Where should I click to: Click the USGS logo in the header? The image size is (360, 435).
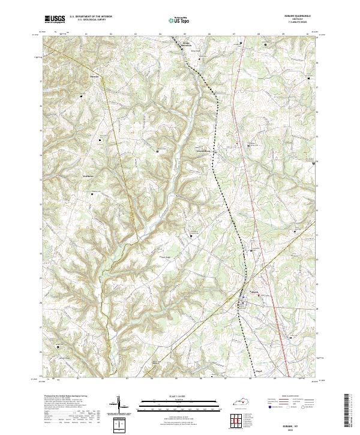(x=55, y=20)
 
